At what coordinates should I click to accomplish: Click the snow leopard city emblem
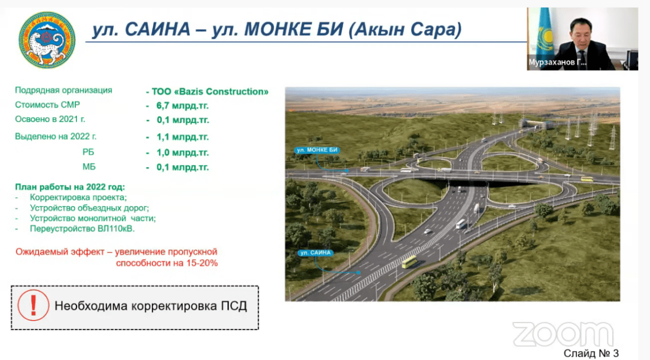47,40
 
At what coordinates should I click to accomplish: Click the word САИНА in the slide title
158,30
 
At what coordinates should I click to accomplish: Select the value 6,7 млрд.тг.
183,106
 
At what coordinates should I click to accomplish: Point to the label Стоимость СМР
47,104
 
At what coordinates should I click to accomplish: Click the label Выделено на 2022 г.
55,136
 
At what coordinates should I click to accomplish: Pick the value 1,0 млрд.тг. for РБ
183,153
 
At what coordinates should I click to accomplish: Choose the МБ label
89,167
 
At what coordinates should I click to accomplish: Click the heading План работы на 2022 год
70,187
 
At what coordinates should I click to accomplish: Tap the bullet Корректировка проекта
79,198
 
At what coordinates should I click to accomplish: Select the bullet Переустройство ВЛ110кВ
82,229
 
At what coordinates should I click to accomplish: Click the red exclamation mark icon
34,305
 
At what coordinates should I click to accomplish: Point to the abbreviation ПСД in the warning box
234,306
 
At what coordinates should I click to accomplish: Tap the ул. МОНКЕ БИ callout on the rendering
317,150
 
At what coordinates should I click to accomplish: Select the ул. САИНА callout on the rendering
315,253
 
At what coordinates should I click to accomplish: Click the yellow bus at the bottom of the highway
409,261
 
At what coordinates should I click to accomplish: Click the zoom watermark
563,334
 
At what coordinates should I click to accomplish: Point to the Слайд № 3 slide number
591,354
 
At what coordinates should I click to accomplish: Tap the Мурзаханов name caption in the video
557,62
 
